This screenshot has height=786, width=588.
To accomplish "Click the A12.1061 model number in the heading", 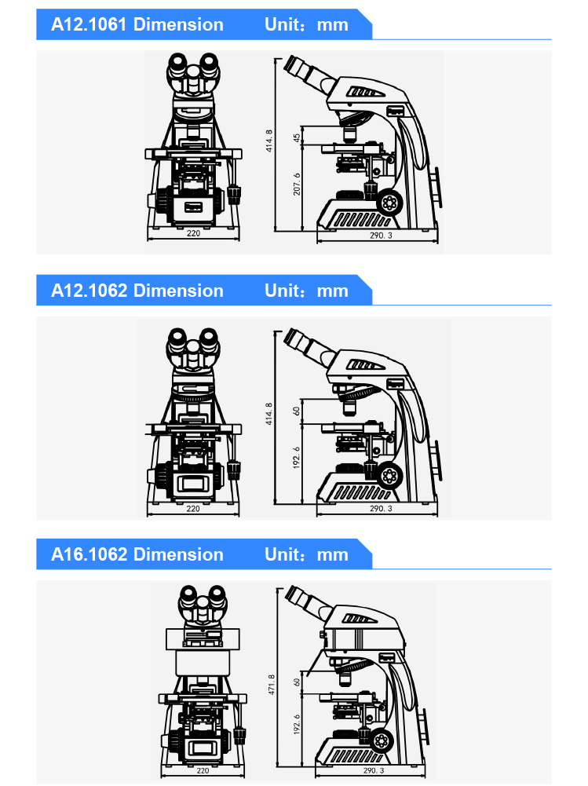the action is [89, 24].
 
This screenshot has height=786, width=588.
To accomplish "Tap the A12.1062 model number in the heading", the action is [89, 291].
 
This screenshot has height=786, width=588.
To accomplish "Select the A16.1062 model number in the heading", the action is [89, 554].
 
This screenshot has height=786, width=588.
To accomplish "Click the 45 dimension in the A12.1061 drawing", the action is [297, 137].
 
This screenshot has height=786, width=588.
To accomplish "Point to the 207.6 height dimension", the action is [297, 184].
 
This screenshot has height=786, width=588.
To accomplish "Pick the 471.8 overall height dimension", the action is [271, 684].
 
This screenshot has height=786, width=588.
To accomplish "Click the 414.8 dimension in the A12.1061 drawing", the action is [269, 141].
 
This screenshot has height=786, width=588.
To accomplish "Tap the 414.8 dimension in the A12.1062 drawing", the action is [269, 414].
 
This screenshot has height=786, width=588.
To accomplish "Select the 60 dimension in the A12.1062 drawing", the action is [296, 411].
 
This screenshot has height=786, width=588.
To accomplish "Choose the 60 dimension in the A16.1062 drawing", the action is [297, 682].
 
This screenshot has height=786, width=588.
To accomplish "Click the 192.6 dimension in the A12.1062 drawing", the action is [296, 458].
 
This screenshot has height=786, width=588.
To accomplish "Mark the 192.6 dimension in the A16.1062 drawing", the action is [297, 725].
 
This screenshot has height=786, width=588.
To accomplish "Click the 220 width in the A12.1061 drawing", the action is [193, 233].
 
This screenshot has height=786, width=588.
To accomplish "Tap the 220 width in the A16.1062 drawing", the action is [203, 770].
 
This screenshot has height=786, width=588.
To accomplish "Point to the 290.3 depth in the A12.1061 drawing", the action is [381, 235].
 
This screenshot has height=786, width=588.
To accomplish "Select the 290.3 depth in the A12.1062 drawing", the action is [381, 508].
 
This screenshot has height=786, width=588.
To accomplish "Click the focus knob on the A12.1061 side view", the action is [389, 202].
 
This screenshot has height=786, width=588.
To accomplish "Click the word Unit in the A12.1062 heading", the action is [283, 291].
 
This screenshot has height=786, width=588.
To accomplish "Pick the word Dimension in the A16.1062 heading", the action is [178, 554].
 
